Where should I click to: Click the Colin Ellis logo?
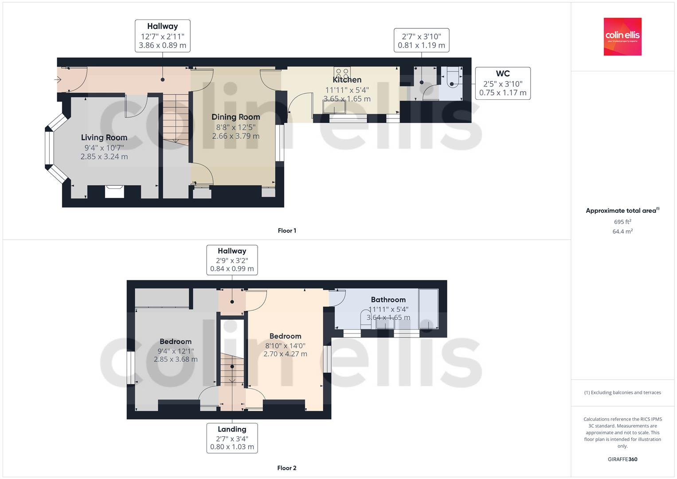(x=622, y=36)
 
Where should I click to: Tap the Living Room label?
(x=104, y=137)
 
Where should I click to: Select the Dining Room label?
(x=235, y=117)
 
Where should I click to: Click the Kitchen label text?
(x=347, y=80)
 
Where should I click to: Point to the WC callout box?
(x=503, y=83)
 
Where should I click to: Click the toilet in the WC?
(x=452, y=78)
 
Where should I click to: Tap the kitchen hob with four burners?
(x=342, y=72)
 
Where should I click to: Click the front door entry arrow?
(x=58, y=80)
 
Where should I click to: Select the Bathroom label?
(x=388, y=300)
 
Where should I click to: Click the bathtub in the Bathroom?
(x=428, y=309)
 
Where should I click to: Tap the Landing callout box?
(x=232, y=438)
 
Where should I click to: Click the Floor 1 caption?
(x=287, y=231)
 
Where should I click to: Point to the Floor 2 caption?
(x=287, y=468)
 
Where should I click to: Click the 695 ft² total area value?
(x=622, y=222)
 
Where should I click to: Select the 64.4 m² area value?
(x=622, y=232)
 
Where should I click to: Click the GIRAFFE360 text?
(x=622, y=459)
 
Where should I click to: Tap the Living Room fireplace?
(x=114, y=191)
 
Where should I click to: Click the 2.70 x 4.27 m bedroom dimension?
(x=285, y=354)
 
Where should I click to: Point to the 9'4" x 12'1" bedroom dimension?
(x=176, y=351)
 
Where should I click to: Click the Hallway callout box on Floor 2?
(x=232, y=260)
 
